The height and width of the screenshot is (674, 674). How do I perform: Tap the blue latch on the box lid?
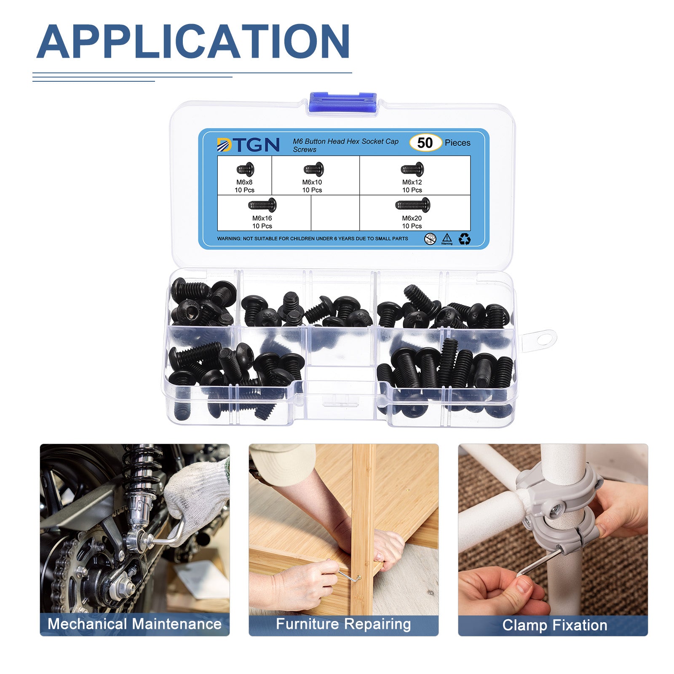(342, 102)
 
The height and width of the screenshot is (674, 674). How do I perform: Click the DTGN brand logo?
(248, 144)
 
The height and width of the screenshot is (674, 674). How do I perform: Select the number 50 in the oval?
(425, 143)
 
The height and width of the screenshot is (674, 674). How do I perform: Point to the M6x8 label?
(244, 182)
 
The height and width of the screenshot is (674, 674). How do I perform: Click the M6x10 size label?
(312, 182)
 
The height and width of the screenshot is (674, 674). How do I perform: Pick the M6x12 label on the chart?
(412, 182)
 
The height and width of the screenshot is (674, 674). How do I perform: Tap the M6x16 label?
(262, 218)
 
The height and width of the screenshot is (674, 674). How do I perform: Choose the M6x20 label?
(412, 218)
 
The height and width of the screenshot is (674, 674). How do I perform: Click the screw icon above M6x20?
(412, 205)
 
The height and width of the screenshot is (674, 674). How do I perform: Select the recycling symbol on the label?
(465, 239)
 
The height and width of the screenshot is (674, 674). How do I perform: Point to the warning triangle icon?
(447, 238)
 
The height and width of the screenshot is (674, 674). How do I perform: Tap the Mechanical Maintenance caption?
(134, 624)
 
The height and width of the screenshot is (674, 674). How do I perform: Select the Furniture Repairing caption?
(343, 624)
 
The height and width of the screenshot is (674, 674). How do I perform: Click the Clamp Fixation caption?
(555, 625)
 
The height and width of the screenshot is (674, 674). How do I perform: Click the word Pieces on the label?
(457, 143)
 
